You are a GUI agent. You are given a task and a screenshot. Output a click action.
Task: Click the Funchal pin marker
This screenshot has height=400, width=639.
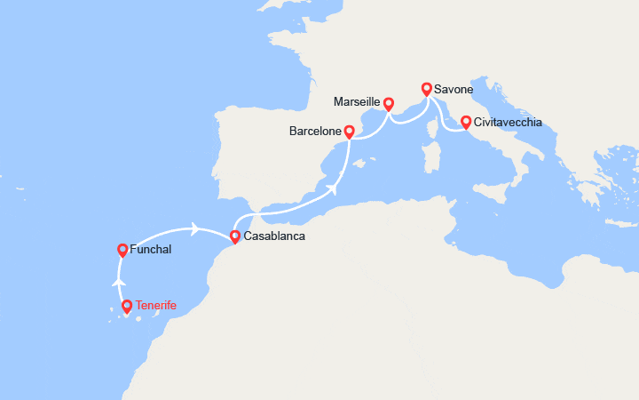pyautogui.click(x=122, y=250)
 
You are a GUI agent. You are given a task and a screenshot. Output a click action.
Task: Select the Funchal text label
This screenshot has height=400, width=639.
pyautogui.click(x=150, y=250)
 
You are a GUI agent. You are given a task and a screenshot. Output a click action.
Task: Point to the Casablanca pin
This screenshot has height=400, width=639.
pyautogui.click(x=234, y=236)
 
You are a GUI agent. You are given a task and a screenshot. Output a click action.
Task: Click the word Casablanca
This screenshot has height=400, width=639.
pyautogui.click(x=274, y=237)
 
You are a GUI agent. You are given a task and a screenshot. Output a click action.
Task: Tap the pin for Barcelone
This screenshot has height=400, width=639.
pyautogui.click(x=350, y=132)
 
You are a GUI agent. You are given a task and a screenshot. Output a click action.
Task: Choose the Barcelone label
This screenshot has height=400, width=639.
pyautogui.click(x=315, y=132)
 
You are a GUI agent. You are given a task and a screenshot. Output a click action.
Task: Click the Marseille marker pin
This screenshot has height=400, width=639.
pyautogui.click(x=389, y=103)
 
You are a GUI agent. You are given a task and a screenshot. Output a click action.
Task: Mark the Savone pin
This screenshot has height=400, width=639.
pyautogui.click(x=427, y=89)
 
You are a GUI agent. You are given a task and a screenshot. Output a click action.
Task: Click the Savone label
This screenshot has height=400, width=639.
pyautogui.click(x=454, y=90)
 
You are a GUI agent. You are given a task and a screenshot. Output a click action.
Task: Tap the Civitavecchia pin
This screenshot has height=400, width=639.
pyautogui.click(x=464, y=121)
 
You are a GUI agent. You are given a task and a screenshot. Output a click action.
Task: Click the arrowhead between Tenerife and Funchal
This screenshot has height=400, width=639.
pyautogui.click(x=119, y=281)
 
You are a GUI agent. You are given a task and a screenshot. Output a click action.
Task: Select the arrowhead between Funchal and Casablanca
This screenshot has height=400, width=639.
pyautogui.click(x=193, y=228)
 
